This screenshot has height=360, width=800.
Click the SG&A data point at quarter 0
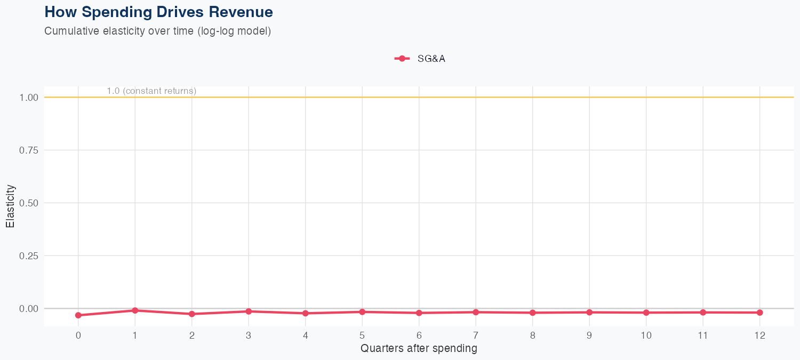click(78, 315)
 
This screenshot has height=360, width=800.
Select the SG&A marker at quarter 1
click(135, 310)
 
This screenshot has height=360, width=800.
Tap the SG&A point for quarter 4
click(306, 313)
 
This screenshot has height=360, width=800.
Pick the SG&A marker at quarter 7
click(476, 312)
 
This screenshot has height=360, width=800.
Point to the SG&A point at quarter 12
click(760, 313)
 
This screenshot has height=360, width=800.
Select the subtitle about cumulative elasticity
click(158, 31)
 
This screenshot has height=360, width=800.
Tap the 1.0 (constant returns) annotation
click(151, 91)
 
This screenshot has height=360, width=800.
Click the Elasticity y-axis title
click(10, 206)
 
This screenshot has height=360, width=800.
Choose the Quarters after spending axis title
click(419, 349)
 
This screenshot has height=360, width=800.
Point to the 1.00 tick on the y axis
click(29, 98)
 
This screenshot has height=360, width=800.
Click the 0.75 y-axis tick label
click(29, 150)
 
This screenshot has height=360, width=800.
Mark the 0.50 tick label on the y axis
click(29, 203)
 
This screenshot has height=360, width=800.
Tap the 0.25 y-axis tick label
click(29, 256)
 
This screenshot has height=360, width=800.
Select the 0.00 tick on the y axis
click(29, 309)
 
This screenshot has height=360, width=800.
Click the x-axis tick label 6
click(419, 335)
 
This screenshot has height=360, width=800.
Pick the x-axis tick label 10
click(646, 335)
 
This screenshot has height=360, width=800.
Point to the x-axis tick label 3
click(249, 335)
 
